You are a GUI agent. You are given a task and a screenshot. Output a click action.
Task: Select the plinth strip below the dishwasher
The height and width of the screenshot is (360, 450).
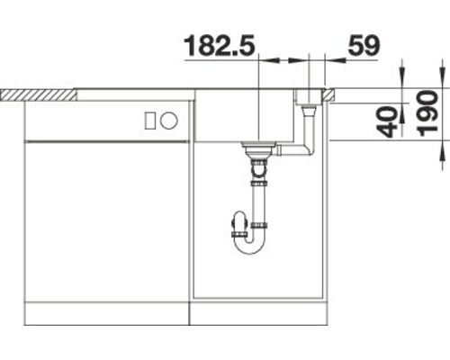[106, 314]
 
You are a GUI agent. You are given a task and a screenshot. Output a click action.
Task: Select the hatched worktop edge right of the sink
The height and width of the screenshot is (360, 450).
[329, 93]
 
